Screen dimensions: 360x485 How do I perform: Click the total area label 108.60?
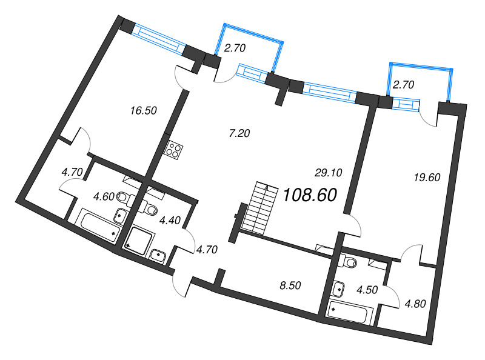pos(309,195)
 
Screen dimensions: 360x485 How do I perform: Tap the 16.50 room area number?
pos(144,110)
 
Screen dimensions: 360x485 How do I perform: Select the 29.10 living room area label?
pos(329,173)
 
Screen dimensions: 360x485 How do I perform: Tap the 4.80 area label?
pos(415,304)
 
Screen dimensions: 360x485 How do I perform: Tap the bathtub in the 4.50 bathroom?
pos(351,313)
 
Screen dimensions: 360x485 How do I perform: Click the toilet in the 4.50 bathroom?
pos(349,261)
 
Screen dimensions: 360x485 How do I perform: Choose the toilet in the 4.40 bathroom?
pos(151,210)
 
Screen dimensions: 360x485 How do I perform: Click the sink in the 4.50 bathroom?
pos(338,289)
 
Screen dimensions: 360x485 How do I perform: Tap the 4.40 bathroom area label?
pos(169,221)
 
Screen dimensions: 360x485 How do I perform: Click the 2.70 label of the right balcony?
pos(403,85)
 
